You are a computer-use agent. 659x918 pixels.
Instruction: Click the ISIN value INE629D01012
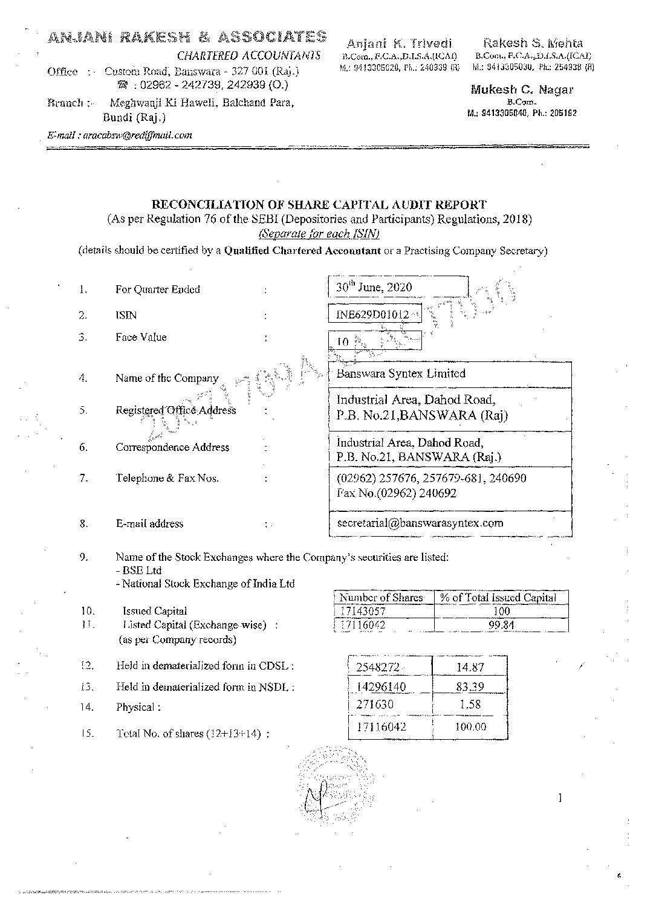click(372, 314)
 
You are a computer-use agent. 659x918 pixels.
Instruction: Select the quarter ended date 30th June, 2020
click(374, 287)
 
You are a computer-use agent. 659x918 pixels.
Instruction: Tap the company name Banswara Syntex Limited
click(401, 373)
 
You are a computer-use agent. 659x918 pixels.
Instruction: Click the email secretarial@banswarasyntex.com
click(420, 523)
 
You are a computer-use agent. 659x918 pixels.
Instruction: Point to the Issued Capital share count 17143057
click(362, 611)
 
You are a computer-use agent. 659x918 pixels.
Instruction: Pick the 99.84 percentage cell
click(501, 625)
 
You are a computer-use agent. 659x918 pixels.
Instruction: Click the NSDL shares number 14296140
click(381, 687)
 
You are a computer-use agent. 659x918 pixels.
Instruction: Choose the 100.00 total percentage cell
click(470, 726)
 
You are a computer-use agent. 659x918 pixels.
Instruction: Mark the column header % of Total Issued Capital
click(498, 597)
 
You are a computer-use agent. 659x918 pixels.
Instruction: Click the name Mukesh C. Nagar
click(522, 90)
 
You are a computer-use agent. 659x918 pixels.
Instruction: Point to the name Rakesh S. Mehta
click(533, 43)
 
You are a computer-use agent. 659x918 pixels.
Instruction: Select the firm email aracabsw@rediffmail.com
click(120, 135)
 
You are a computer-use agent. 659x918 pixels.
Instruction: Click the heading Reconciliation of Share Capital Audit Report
click(319, 205)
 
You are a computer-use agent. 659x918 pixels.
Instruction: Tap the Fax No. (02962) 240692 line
click(397, 493)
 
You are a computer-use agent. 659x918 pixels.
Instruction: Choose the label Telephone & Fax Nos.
click(167, 478)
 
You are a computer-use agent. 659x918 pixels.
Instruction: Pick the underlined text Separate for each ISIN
click(319, 233)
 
